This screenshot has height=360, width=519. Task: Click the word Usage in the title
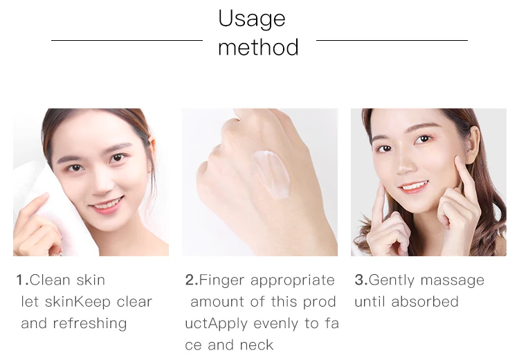click(x=251, y=19)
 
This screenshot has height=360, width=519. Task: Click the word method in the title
click(x=258, y=47)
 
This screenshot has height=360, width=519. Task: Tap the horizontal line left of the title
click(x=127, y=40)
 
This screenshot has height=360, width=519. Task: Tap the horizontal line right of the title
click(x=392, y=40)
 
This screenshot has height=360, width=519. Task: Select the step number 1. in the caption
click(x=22, y=280)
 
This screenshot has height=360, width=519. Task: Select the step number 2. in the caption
click(x=191, y=280)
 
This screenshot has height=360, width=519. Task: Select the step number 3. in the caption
click(x=361, y=280)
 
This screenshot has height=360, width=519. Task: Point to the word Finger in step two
click(x=221, y=280)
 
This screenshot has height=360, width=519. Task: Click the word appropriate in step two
click(x=293, y=280)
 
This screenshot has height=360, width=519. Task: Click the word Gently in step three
click(x=390, y=280)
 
